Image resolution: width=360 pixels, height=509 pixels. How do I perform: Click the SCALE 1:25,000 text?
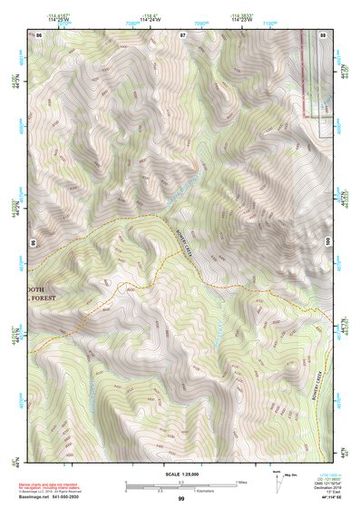click(180, 475)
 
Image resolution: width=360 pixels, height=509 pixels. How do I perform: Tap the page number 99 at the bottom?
click(181, 499)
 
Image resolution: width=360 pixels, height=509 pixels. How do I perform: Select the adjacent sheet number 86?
click(41, 34)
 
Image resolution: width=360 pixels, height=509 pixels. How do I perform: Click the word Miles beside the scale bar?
click(240, 481)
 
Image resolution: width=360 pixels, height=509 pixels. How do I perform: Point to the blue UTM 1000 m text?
click(325, 474)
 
